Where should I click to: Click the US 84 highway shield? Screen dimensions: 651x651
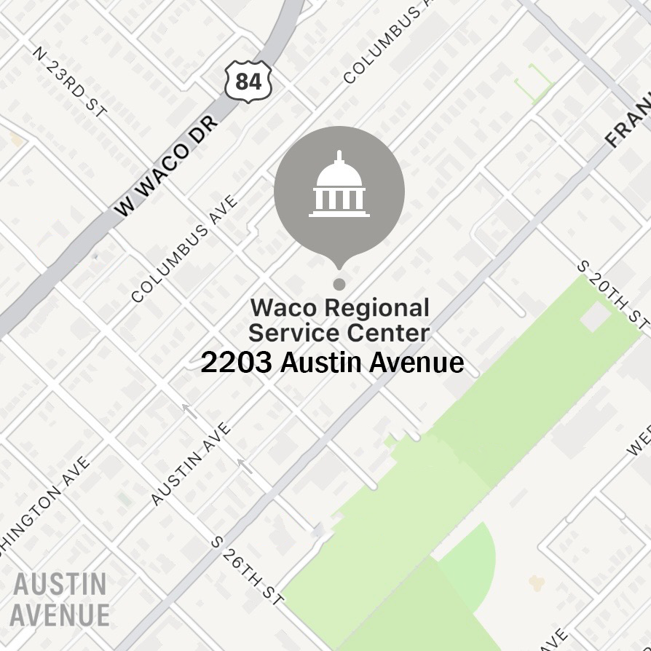(248, 81)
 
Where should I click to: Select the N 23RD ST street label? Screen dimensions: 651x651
(71, 82)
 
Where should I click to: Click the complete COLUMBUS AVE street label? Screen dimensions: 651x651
(186, 248)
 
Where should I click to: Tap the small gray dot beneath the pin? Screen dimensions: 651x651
(339, 284)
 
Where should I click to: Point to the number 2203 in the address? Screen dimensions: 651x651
(236, 362)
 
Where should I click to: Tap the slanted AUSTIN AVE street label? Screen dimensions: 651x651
(191, 463)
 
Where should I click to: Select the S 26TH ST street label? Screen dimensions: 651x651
(246, 572)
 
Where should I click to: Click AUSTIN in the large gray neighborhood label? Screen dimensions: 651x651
(60, 584)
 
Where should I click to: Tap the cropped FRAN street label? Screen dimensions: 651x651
(627, 123)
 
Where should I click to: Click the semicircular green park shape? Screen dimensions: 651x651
(466, 561)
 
